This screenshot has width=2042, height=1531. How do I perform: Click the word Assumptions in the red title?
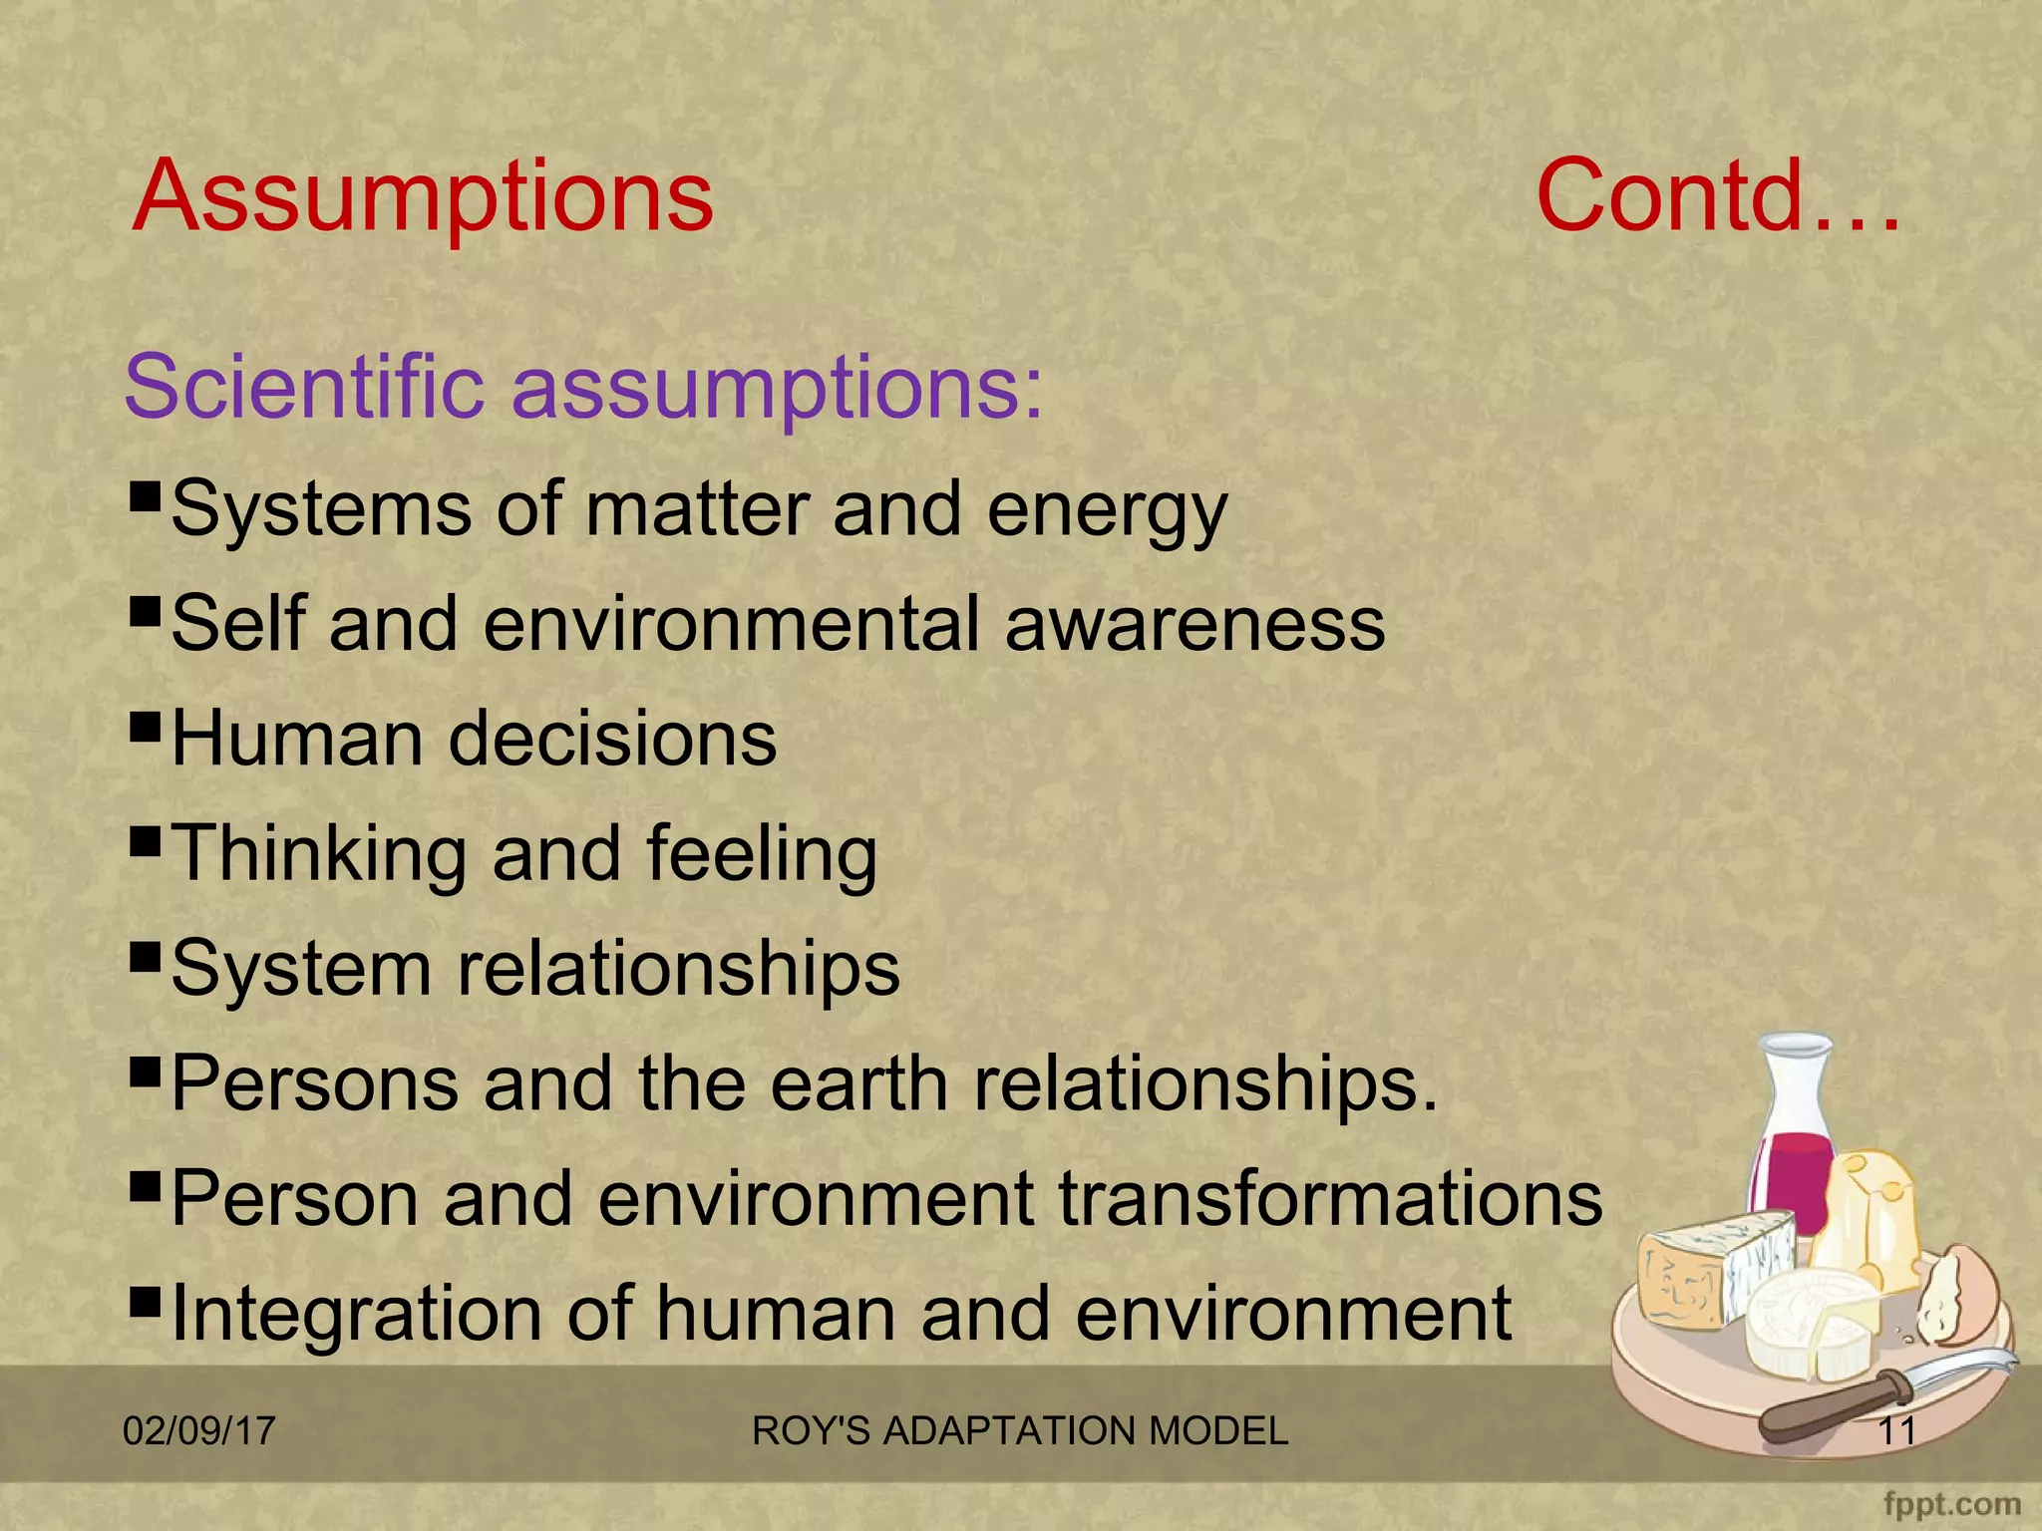(x=423, y=197)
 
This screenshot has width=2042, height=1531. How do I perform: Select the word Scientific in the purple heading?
(x=303, y=387)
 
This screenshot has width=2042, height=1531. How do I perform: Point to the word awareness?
(x=1194, y=625)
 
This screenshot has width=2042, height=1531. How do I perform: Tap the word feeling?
(x=762, y=855)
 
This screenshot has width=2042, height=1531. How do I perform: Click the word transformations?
(x=1330, y=1199)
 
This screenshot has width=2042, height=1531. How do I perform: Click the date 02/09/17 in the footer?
(x=198, y=1431)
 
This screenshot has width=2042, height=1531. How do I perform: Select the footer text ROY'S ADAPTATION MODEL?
(x=1019, y=1431)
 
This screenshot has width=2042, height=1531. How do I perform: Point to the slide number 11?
(x=1896, y=1431)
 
